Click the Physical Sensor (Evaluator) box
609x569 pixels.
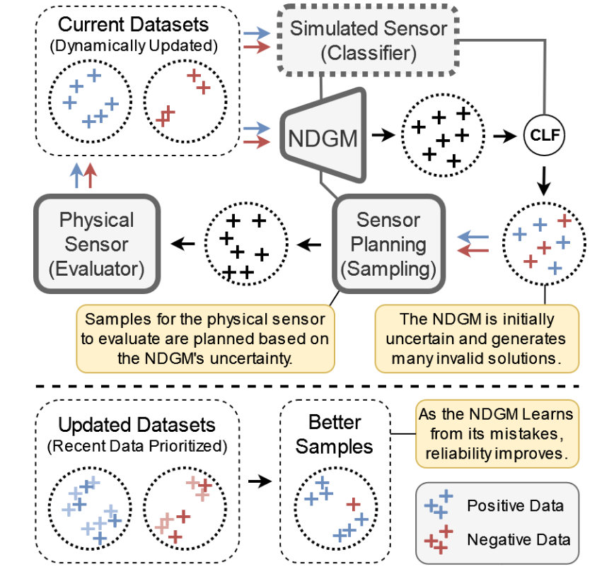98,244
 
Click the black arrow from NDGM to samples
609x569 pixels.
385,134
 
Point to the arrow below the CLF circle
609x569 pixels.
543,182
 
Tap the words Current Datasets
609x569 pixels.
134,25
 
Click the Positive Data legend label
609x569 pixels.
515,506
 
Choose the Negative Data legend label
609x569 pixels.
518,540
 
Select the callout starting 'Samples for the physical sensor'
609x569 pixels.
204,339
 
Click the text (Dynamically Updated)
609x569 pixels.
134,46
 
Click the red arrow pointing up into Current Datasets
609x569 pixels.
90,175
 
